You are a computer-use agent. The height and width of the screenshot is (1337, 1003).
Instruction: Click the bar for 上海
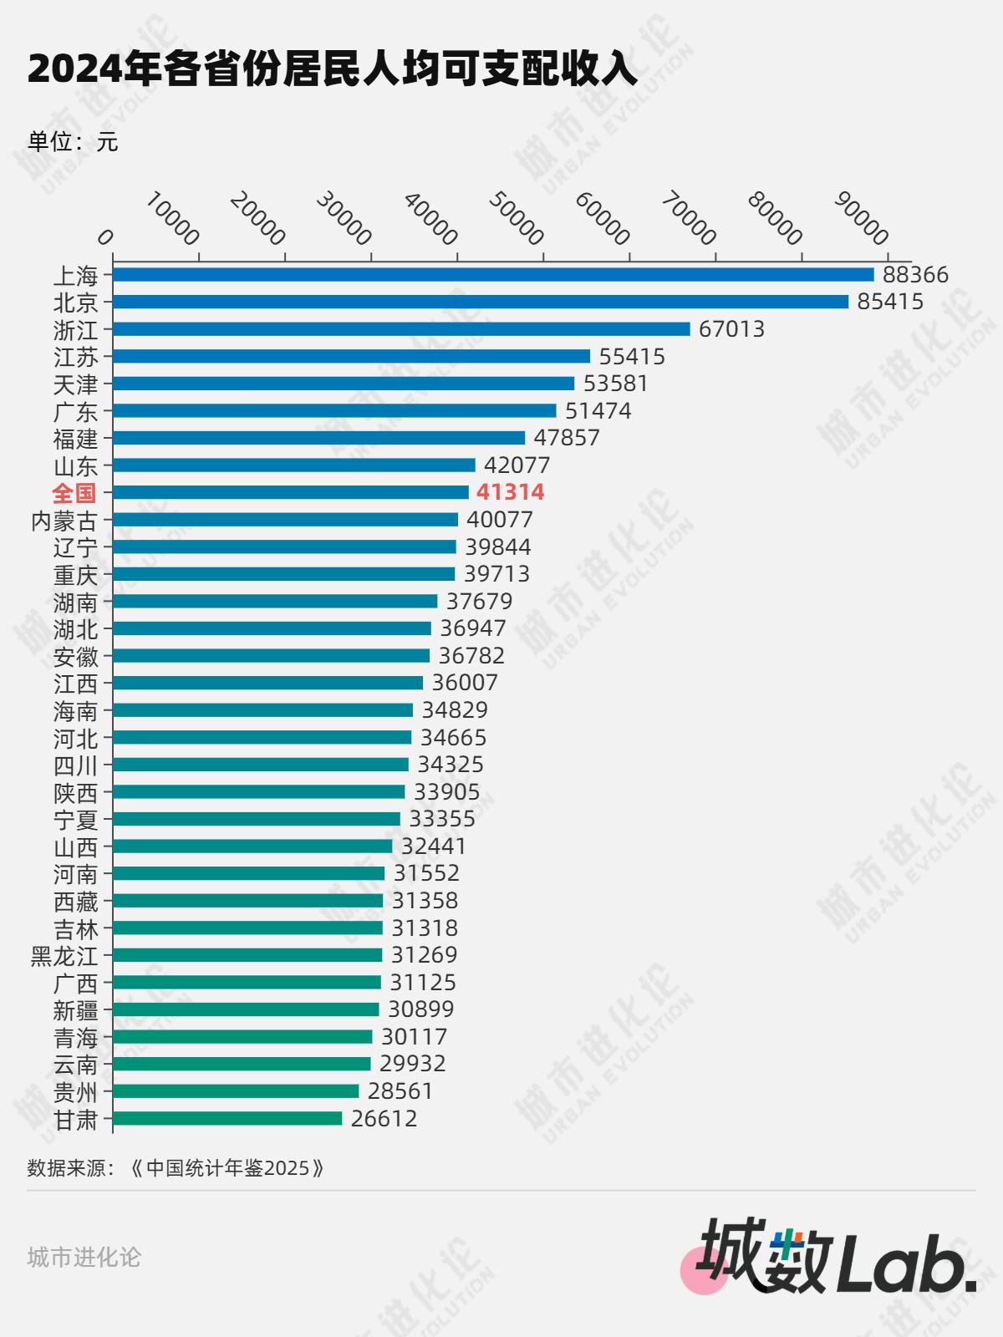coord(493,275)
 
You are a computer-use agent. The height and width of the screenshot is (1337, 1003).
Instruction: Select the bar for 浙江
coord(401,329)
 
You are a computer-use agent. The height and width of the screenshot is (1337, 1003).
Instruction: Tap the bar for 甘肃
coord(227,1118)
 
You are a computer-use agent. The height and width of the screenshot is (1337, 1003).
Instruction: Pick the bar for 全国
coord(291,492)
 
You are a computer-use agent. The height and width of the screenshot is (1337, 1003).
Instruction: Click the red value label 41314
coord(510,492)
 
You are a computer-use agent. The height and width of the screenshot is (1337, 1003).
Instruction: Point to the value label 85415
coord(890,302)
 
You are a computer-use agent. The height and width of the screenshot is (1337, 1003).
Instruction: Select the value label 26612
coord(384,1118)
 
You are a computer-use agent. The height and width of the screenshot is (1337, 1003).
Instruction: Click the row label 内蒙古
coord(64,521)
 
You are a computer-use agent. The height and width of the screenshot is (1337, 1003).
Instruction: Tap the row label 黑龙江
coord(64,955)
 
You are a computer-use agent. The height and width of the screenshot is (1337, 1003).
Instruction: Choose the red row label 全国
coord(74,493)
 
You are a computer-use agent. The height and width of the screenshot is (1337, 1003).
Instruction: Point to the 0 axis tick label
coord(105,238)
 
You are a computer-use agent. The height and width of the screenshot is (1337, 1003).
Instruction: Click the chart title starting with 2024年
coord(333,69)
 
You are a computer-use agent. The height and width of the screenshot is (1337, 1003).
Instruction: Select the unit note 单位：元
coord(73,142)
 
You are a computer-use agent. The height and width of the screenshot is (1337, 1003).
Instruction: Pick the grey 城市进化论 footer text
coord(84,1257)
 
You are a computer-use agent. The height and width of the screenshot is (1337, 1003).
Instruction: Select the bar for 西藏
coord(247,901)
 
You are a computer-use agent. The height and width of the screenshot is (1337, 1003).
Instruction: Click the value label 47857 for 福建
coord(567,438)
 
